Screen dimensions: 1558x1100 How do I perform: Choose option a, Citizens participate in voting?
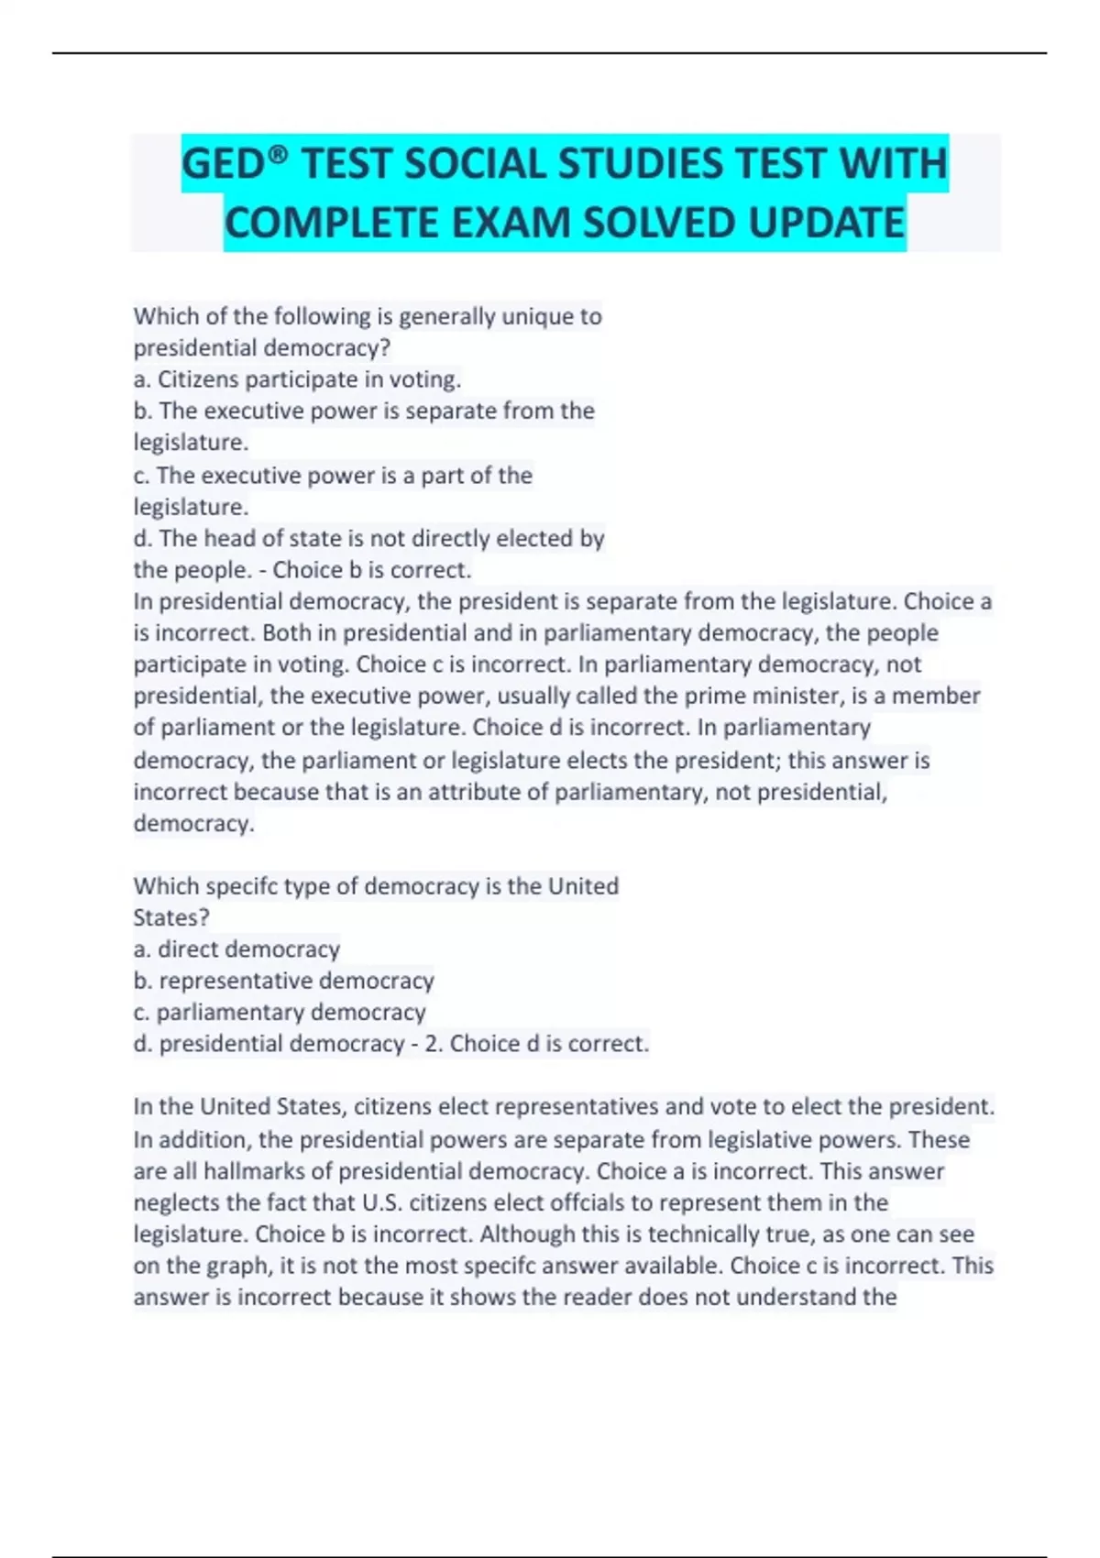pyautogui.click(x=297, y=379)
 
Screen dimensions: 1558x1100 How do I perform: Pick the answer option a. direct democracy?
pyautogui.click(x=236, y=949)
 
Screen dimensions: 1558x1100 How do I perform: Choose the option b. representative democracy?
pyautogui.click(x=283, y=981)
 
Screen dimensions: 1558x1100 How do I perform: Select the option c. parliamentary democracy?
pyautogui.click(x=280, y=1012)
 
